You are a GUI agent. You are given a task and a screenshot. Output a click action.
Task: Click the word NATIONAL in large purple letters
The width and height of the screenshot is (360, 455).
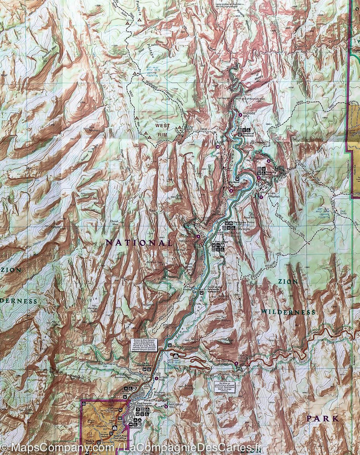click(138, 242)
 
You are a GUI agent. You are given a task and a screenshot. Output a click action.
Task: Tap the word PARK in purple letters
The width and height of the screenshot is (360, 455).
click(322, 418)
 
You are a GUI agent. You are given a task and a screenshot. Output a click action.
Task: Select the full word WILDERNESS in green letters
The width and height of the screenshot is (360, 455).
click(287, 312)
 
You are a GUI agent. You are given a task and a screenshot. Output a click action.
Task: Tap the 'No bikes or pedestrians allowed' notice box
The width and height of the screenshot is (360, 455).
click(225, 387)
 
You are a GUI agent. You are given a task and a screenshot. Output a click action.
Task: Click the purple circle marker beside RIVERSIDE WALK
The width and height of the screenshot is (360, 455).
click(239, 115)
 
